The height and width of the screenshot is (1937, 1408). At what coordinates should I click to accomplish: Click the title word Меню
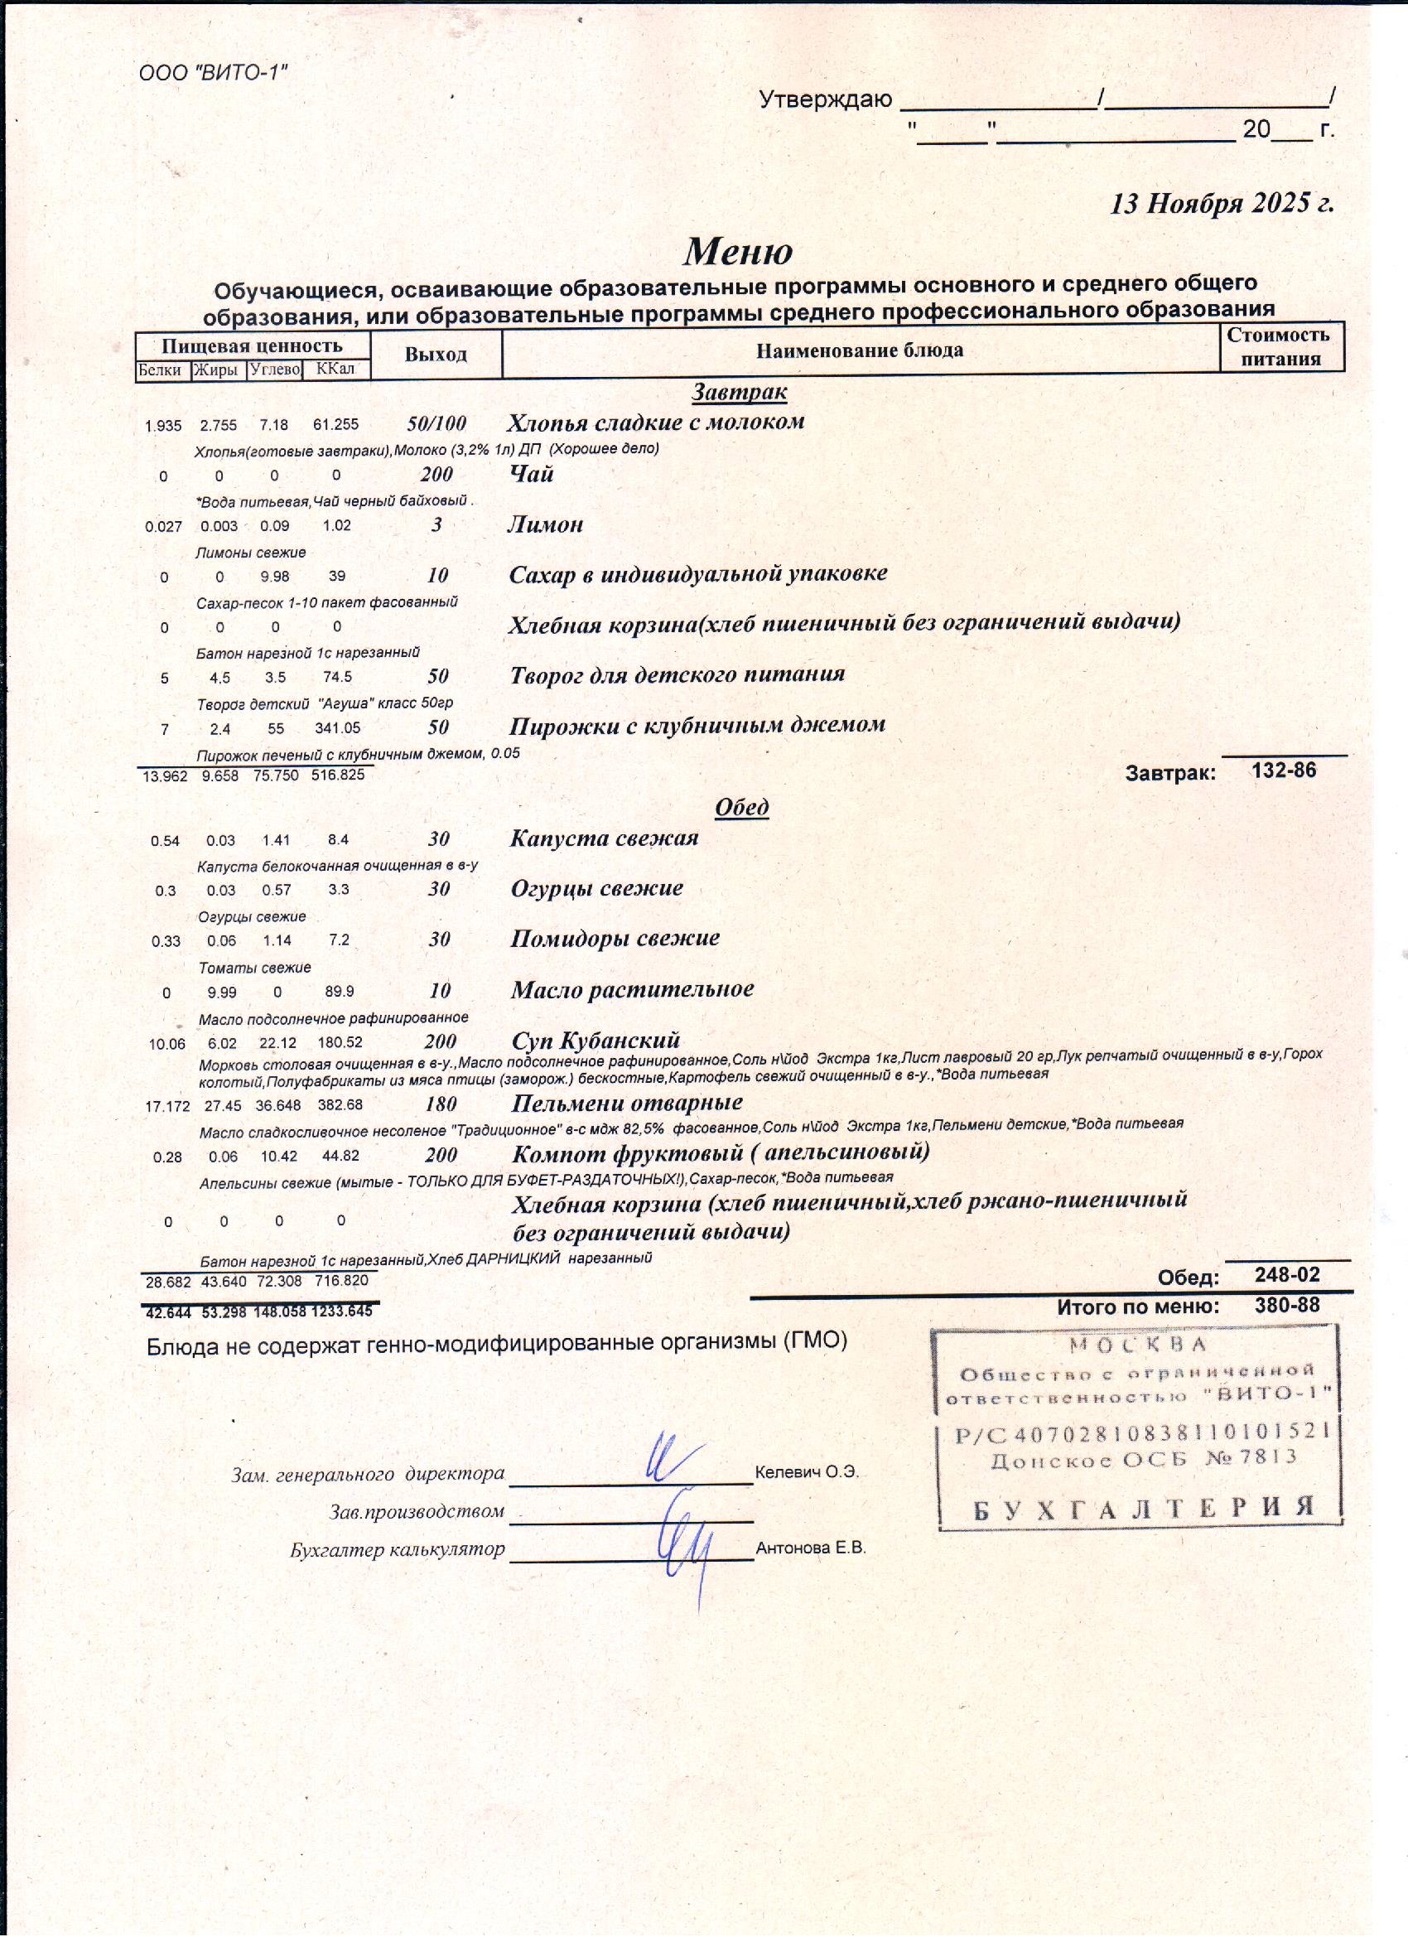[738, 251]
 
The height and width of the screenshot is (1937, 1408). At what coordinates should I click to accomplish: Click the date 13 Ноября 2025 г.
[1221, 203]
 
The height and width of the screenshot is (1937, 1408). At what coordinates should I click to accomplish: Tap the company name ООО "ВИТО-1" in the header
[213, 74]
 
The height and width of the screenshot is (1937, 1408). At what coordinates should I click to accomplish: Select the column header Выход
[436, 354]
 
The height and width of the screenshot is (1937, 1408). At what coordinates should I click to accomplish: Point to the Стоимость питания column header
[1280, 346]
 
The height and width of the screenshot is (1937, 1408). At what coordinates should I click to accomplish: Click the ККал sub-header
[335, 369]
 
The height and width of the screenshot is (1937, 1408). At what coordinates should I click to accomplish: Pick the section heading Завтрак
[739, 392]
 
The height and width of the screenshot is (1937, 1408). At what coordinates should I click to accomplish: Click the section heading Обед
[741, 807]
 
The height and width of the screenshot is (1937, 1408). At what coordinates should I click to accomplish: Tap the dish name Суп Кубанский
[596, 1041]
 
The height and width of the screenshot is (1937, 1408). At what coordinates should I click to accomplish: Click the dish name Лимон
[545, 524]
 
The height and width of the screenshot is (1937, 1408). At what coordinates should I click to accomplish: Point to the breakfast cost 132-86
[1283, 770]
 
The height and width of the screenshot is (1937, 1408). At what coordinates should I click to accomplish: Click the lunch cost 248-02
[1287, 1275]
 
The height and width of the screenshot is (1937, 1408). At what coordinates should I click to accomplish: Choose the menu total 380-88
[1287, 1305]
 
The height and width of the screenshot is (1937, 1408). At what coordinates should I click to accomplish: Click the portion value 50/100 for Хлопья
[436, 423]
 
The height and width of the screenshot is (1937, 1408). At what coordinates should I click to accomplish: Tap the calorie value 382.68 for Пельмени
[340, 1105]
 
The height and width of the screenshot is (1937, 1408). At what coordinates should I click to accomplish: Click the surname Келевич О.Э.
[806, 1472]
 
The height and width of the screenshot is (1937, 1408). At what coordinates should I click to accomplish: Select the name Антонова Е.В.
[810, 1548]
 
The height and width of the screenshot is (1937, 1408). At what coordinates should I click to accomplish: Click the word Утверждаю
[825, 100]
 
